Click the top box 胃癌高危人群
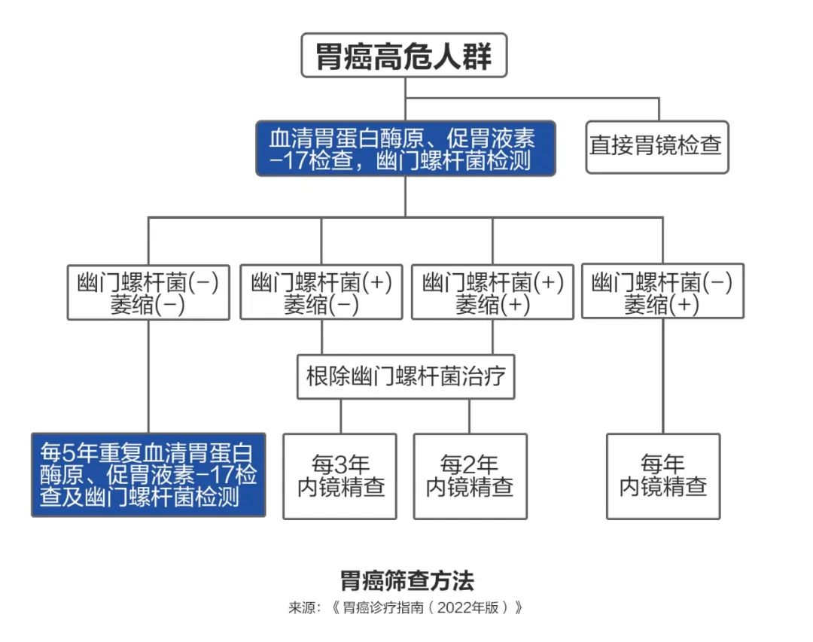(404, 56)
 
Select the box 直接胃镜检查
(656, 146)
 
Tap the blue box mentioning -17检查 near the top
(405, 148)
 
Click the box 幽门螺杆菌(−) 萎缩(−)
(148, 291)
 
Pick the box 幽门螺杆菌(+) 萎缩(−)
(321, 291)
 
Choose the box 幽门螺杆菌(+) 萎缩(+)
(493, 291)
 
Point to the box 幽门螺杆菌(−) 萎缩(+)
(662, 291)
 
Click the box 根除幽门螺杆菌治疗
(406, 376)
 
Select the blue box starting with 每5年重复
(148, 474)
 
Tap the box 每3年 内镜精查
(340, 476)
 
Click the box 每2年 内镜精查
(470, 476)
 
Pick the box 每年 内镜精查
(663, 476)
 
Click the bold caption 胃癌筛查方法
(406, 581)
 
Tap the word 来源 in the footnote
(300, 607)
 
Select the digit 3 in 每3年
(341, 464)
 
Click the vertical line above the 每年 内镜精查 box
(663, 376)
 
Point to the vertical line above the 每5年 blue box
(148, 376)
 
